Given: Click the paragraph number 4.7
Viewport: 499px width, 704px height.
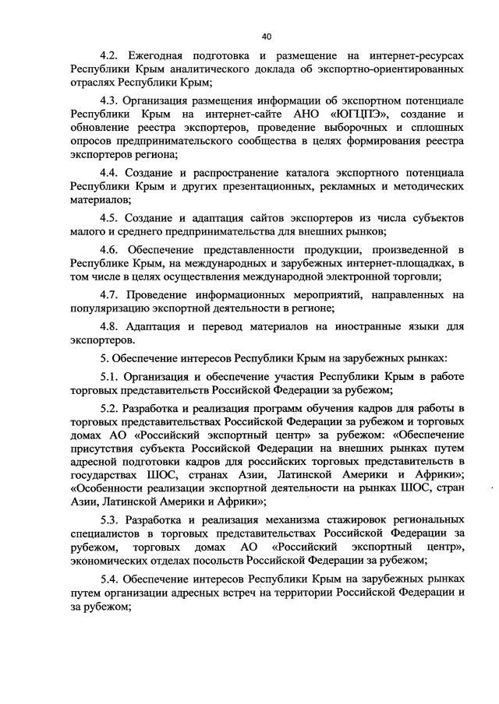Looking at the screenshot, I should pyautogui.click(x=111, y=295).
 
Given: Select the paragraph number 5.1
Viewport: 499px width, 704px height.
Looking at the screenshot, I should pyautogui.click(x=111, y=378).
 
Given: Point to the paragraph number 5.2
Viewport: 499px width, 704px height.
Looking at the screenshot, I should pyautogui.click(x=111, y=410).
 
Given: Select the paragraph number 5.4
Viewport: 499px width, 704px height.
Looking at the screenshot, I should pyautogui.click(x=111, y=579).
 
